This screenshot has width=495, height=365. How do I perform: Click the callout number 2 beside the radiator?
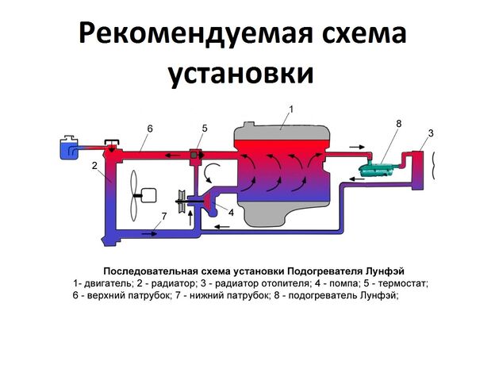pos(94,166)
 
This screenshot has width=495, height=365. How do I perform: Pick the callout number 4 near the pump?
pos(230,212)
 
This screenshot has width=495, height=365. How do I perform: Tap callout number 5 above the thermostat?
pos(204,128)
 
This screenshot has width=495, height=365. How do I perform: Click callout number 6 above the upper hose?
pos(149,128)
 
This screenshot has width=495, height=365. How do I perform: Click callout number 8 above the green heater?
pos(398,123)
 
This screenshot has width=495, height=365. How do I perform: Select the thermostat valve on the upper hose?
pos(196,153)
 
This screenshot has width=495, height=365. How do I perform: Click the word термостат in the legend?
pos(400,283)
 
